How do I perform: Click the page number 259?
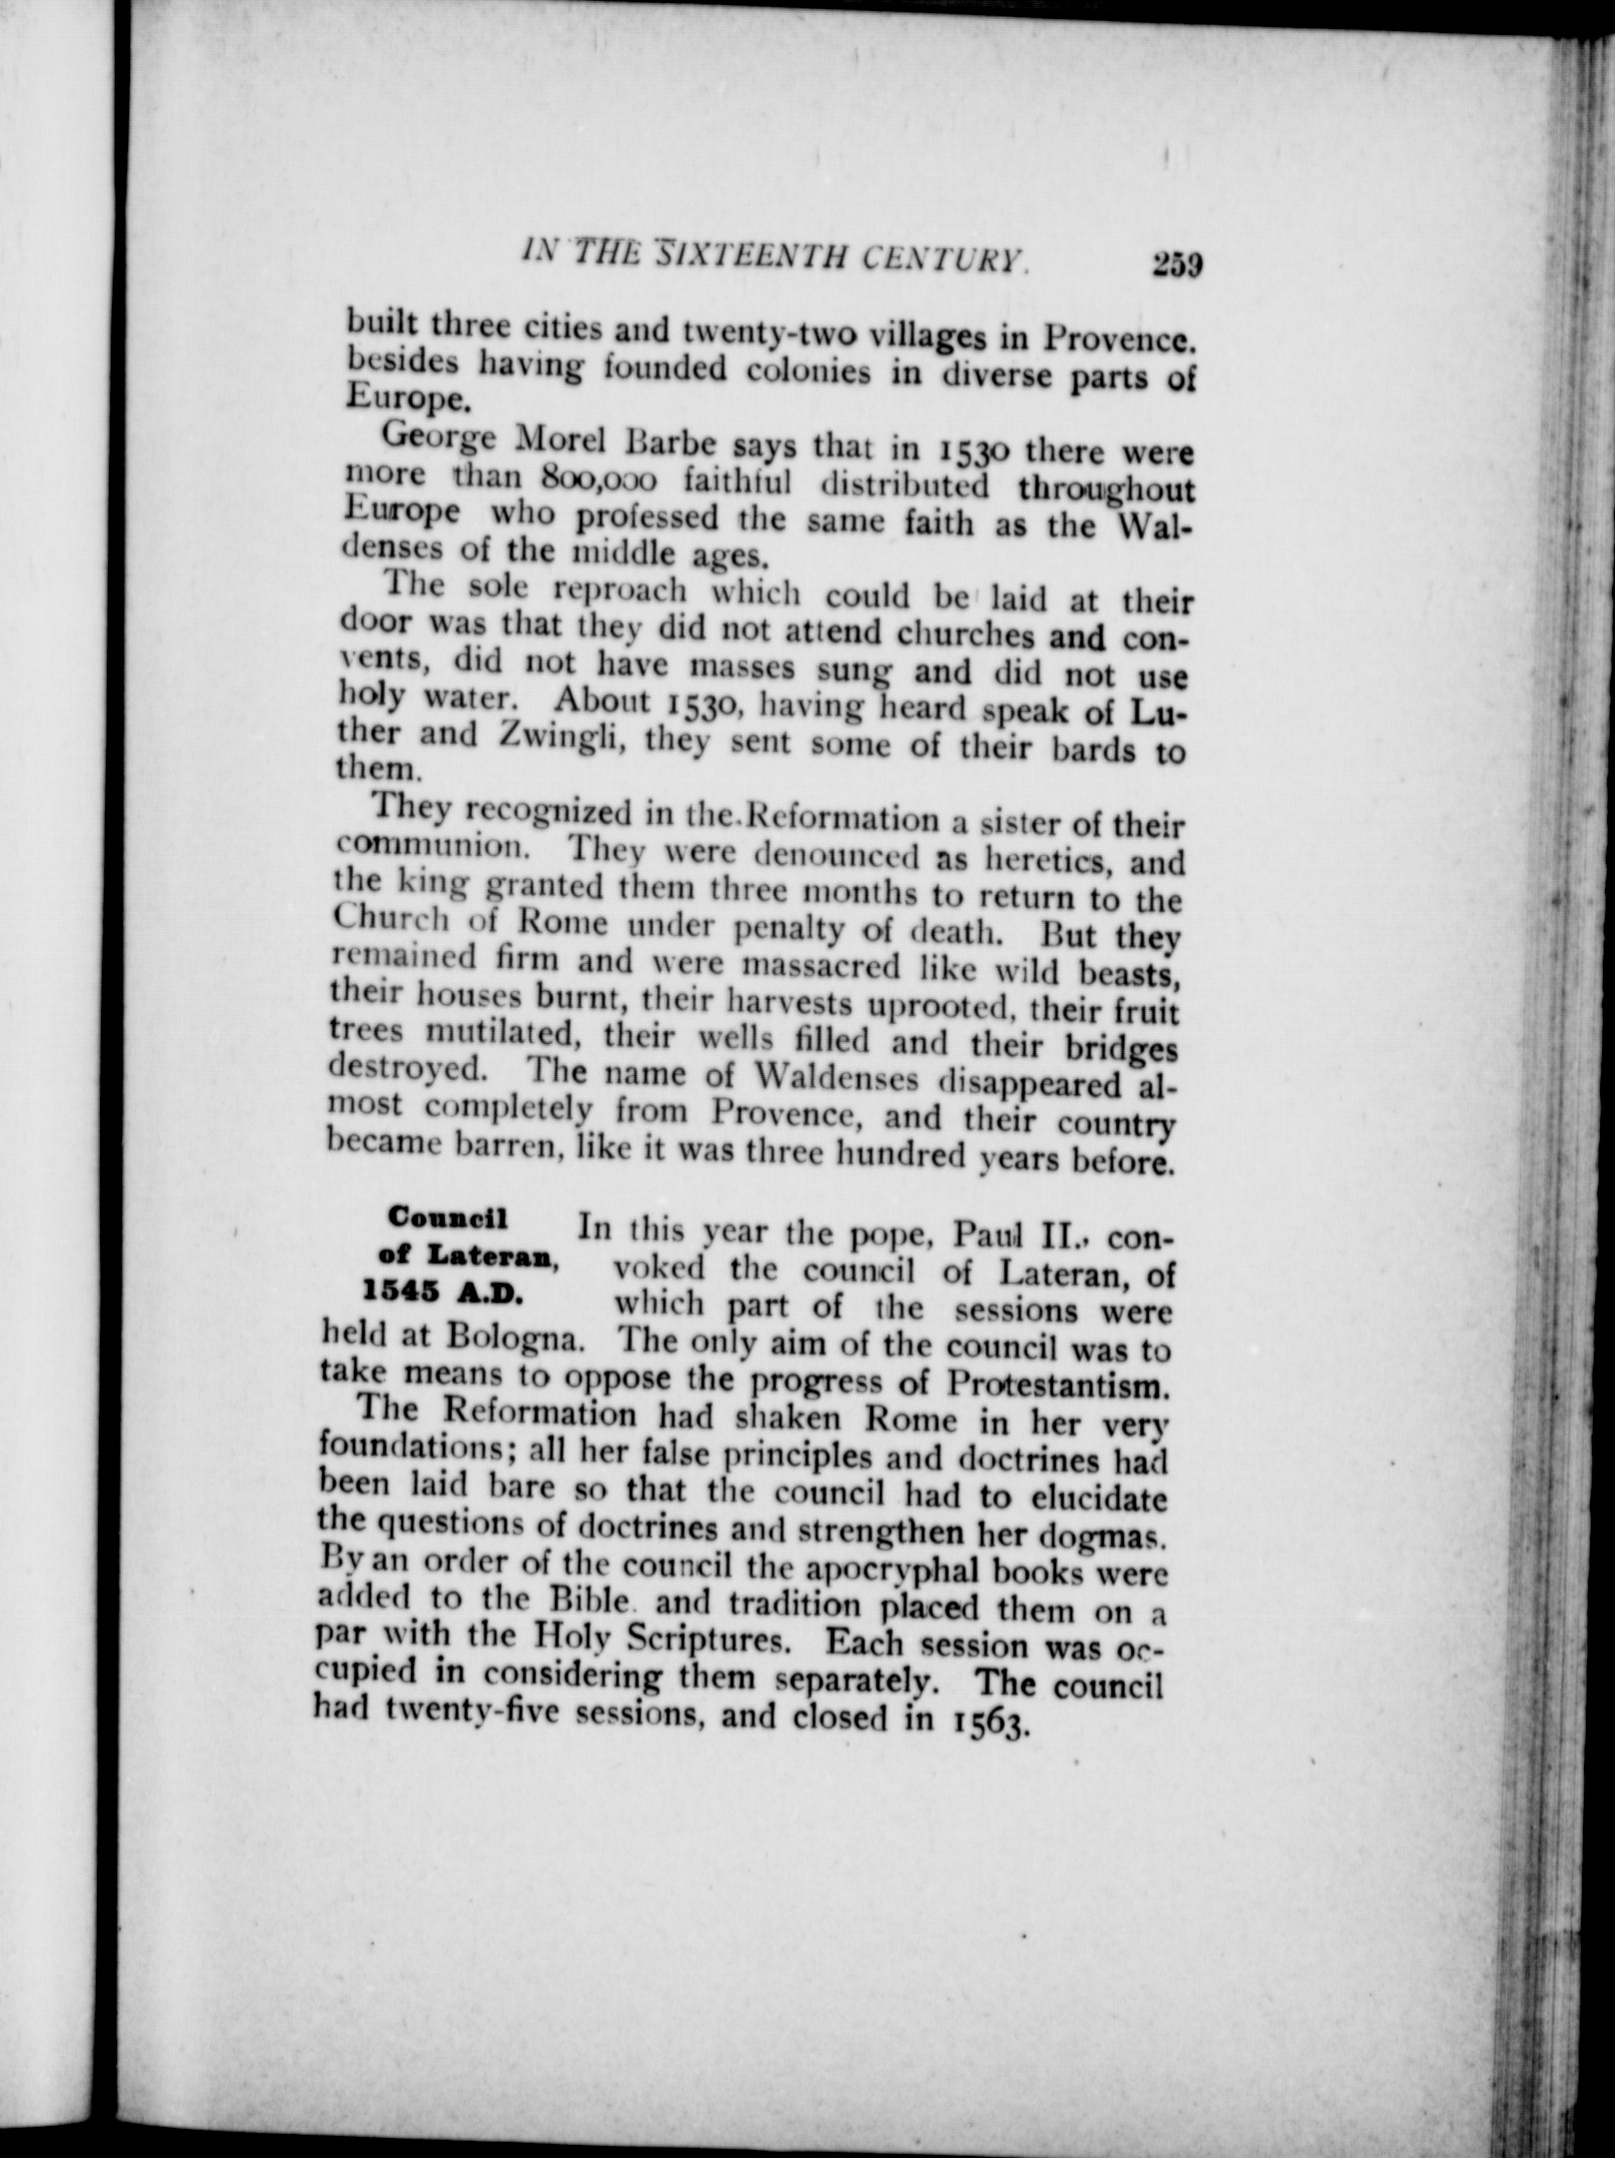[1174, 266]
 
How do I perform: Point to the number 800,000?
[597, 480]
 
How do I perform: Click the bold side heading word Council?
[450, 1218]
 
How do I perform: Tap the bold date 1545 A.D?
[440, 1294]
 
